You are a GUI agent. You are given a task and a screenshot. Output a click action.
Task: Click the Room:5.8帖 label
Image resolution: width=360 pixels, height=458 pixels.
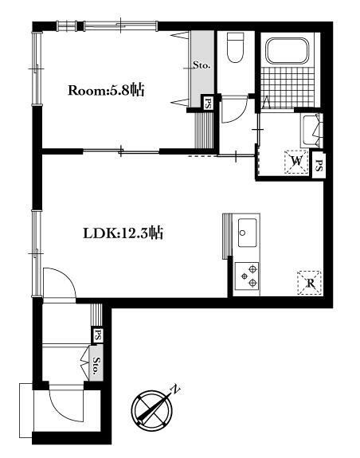(106, 90)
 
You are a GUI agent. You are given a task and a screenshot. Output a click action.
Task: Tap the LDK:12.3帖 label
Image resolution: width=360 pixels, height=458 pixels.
(123, 233)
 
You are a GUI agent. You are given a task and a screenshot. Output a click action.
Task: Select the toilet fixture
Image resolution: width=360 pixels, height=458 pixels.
(235, 47)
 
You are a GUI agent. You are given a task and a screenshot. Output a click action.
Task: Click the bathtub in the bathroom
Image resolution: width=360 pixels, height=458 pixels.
(288, 50)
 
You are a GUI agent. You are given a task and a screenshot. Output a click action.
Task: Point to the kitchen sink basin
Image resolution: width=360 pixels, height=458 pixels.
(247, 233)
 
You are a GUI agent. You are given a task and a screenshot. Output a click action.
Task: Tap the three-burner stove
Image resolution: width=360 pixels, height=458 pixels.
(247, 276)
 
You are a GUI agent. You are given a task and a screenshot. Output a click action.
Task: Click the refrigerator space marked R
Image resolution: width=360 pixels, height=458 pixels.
(310, 283)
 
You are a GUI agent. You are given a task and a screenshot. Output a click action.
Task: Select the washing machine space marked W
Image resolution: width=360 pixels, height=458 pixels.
(296, 162)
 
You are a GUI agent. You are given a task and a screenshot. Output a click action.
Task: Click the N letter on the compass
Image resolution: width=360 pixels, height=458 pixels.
(175, 389)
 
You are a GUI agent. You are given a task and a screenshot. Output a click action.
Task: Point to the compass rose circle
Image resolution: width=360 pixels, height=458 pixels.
(152, 411)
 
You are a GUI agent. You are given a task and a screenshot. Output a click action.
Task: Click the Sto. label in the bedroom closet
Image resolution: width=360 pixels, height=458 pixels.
(202, 65)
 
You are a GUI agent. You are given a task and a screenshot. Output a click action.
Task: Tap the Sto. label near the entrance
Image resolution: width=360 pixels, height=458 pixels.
(96, 366)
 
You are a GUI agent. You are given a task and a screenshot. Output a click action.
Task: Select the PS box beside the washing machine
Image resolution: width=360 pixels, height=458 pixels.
(319, 166)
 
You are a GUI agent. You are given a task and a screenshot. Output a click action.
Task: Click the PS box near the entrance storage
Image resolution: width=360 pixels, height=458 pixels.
(98, 335)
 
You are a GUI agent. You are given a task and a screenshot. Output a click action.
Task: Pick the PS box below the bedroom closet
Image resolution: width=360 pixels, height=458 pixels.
(208, 103)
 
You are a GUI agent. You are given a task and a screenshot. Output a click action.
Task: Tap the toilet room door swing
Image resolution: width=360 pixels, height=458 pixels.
(234, 110)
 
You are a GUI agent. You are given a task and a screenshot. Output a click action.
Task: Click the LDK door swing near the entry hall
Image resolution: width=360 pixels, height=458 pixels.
(59, 283)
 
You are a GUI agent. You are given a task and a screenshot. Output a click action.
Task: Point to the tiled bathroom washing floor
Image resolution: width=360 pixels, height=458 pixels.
(288, 87)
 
